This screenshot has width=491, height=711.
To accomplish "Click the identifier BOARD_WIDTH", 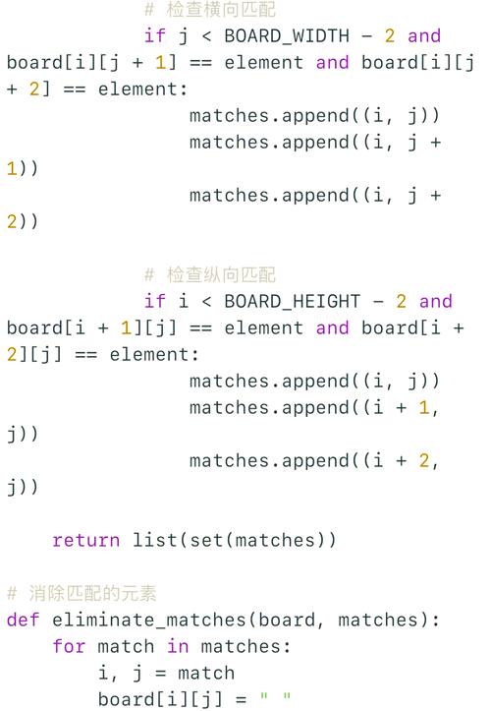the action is [x=287, y=36].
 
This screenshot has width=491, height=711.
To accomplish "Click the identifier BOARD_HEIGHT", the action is [x=293, y=302].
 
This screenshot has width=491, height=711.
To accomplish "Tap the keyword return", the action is [x=86, y=541].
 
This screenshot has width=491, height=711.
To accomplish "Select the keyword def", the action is [x=24, y=620].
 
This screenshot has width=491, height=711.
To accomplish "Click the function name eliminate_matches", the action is [x=149, y=621].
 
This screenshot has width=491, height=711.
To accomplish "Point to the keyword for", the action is [x=69, y=646].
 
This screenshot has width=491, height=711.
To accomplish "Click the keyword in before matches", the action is [x=178, y=646].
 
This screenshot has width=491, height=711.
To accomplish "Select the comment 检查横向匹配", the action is [x=221, y=10].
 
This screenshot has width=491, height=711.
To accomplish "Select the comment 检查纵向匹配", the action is [x=221, y=274].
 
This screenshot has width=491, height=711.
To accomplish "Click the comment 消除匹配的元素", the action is [x=93, y=594].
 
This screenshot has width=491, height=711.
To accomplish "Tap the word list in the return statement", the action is [x=154, y=541].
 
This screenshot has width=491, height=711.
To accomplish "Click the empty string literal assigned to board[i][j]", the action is [x=275, y=696].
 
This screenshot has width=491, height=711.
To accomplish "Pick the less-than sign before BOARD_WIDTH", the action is [x=206, y=36].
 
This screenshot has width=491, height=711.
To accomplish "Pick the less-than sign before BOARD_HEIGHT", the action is [x=206, y=302].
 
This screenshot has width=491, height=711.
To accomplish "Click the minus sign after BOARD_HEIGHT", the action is [x=378, y=302].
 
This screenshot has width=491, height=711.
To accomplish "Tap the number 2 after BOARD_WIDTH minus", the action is [x=390, y=36].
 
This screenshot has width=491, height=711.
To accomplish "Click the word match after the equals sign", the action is [x=206, y=673].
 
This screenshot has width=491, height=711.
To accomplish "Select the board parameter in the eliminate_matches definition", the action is [x=287, y=620].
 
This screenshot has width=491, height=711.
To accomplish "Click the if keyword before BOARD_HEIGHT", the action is [x=154, y=302].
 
